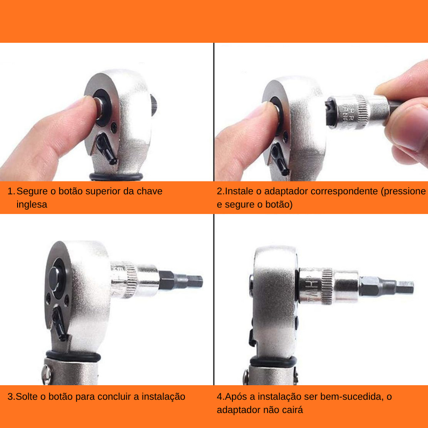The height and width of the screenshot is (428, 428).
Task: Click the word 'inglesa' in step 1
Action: click(32, 204)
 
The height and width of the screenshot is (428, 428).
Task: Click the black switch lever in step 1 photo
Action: click(107, 148)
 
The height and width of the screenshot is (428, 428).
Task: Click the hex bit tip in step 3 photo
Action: click(195, 282)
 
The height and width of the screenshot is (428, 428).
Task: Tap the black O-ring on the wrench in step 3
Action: click(73, 356)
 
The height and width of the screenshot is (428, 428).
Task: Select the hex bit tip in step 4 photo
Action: click(405, 287)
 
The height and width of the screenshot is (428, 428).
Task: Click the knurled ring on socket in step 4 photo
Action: click(327, 286)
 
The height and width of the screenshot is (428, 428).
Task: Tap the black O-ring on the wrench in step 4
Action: click(273, 362)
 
